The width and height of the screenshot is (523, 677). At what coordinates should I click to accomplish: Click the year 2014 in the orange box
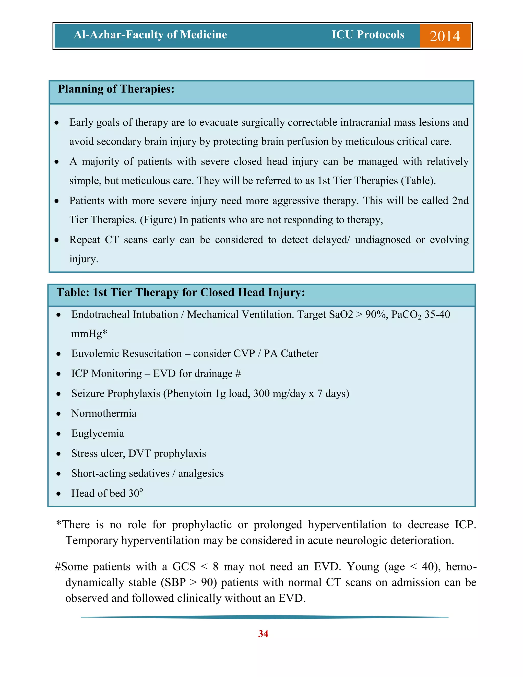coord(445,36)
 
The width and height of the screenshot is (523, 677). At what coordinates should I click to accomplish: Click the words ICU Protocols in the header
coord(368,35)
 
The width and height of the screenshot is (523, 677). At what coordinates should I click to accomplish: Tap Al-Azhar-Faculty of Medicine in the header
coord(150,35)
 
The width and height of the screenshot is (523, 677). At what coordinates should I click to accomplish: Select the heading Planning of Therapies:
coord(116,89)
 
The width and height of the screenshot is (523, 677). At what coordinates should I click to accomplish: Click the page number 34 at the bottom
coord(263,634)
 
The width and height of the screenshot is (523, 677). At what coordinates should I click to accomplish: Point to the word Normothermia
coord(104,414)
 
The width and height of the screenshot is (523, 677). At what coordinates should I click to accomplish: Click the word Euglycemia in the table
coord(98,433)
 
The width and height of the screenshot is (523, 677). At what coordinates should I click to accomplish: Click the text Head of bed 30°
coord(107,493)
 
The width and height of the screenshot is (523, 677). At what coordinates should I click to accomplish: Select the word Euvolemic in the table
coord(96,354)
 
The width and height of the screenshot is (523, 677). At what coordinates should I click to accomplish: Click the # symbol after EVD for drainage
coord(238,374)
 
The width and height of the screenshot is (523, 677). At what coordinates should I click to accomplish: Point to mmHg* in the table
coord(89,334)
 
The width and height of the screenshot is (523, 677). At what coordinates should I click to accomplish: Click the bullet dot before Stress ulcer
coord(58,454)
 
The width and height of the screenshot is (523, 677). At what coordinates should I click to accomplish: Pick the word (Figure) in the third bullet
coord(158,220)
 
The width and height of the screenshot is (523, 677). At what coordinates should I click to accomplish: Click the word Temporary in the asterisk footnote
coord(92,540)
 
